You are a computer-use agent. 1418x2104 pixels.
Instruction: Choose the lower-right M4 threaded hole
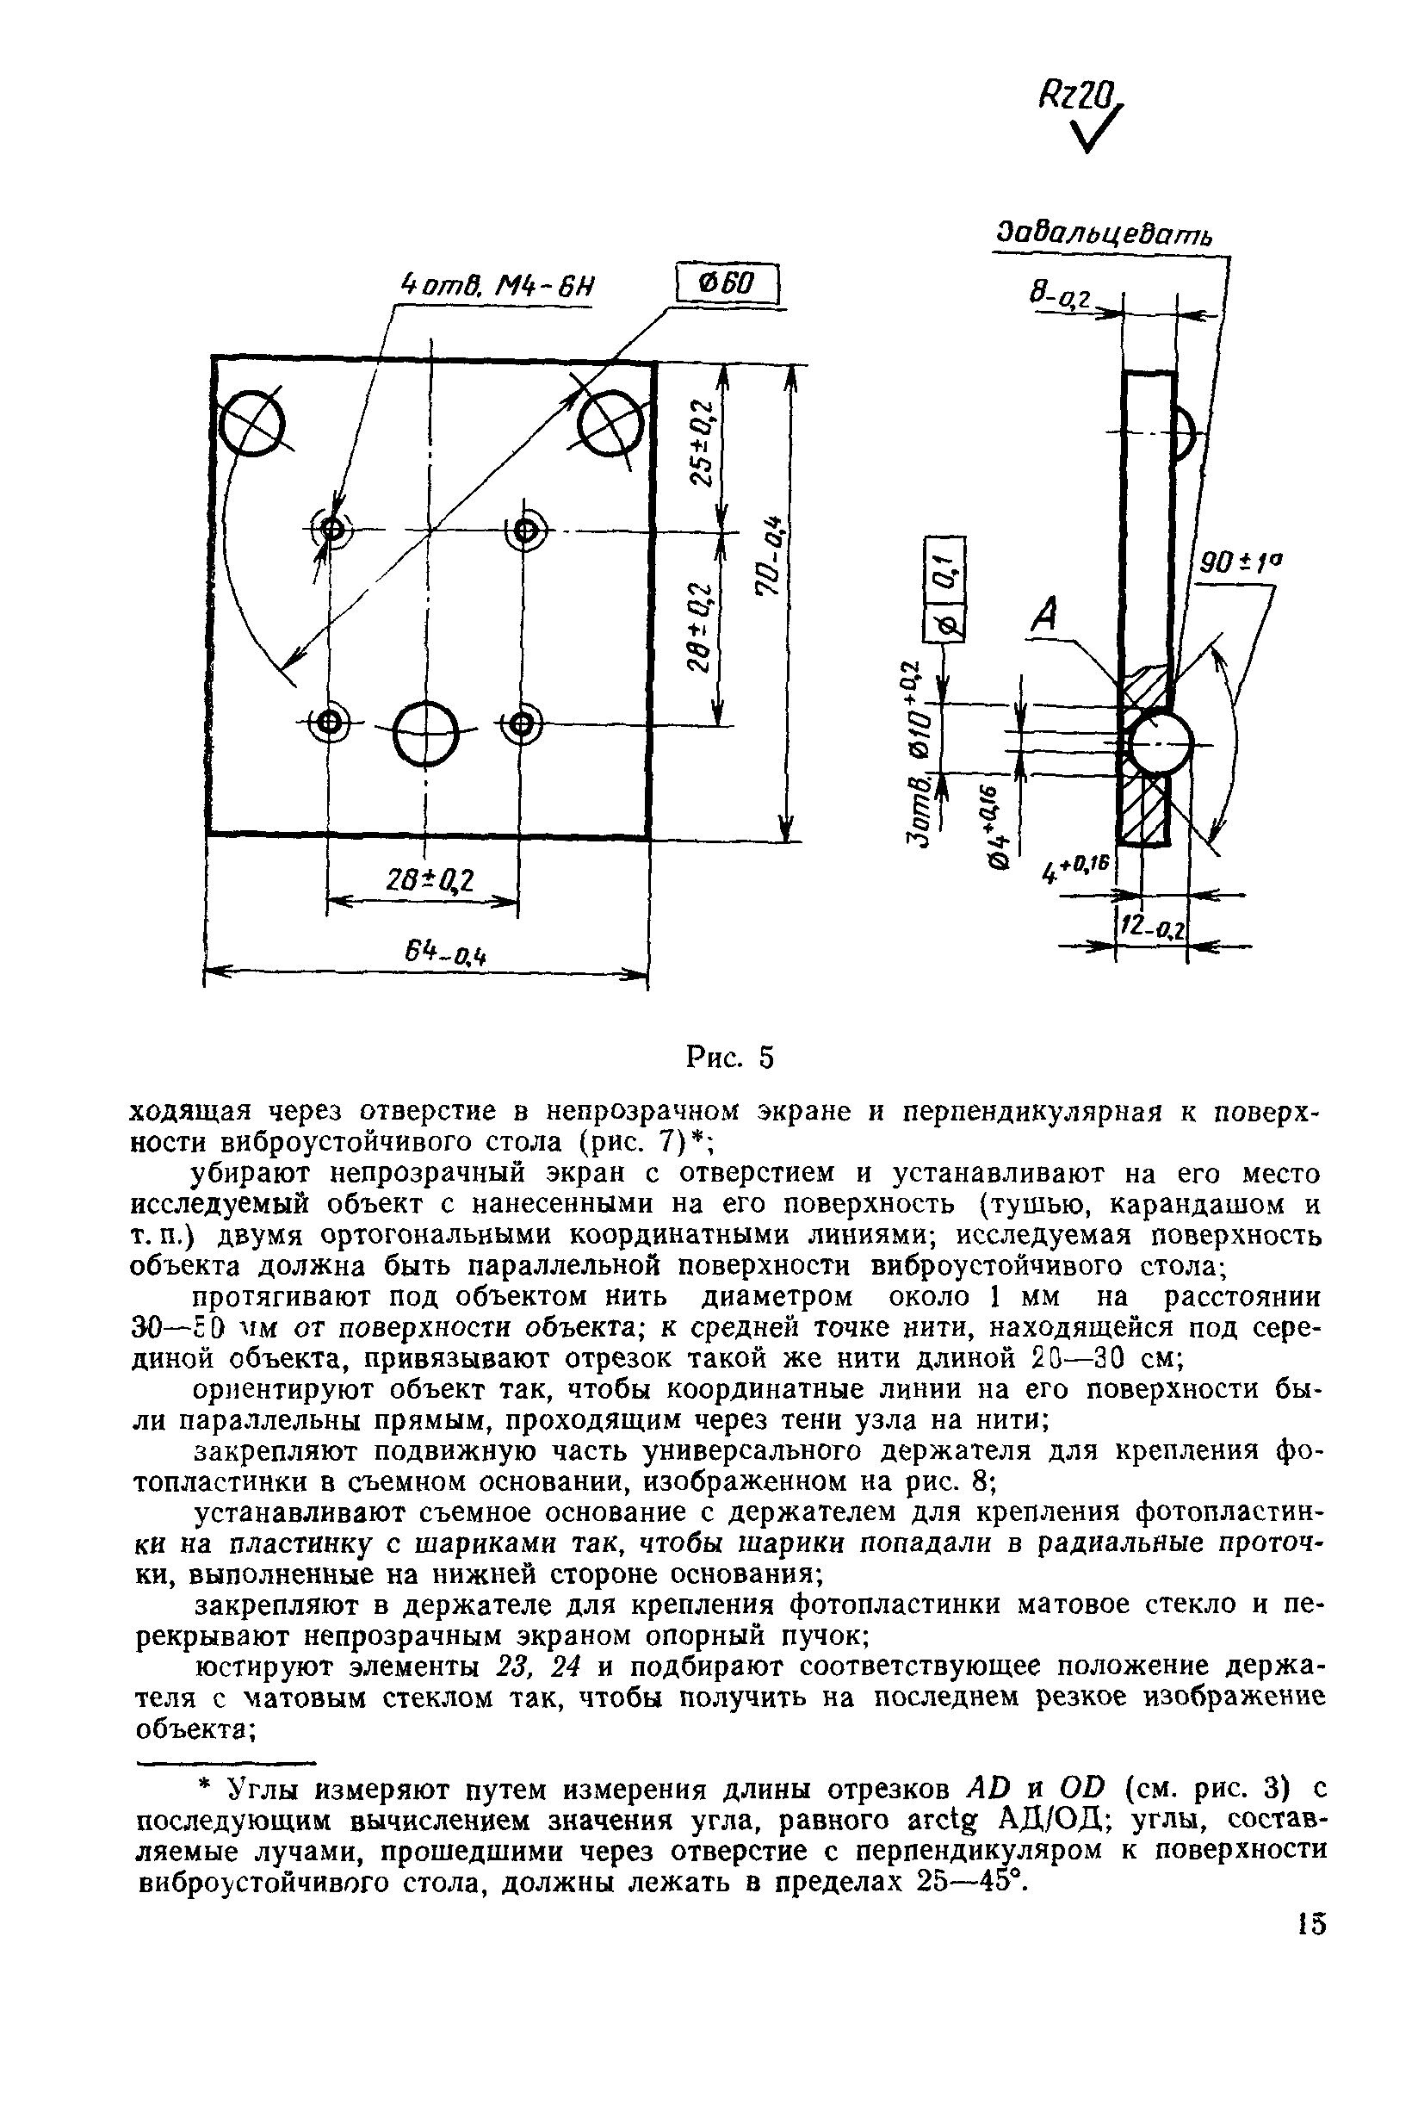pos(522,723)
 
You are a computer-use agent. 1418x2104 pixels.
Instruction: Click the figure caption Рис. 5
pos(730,1057)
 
